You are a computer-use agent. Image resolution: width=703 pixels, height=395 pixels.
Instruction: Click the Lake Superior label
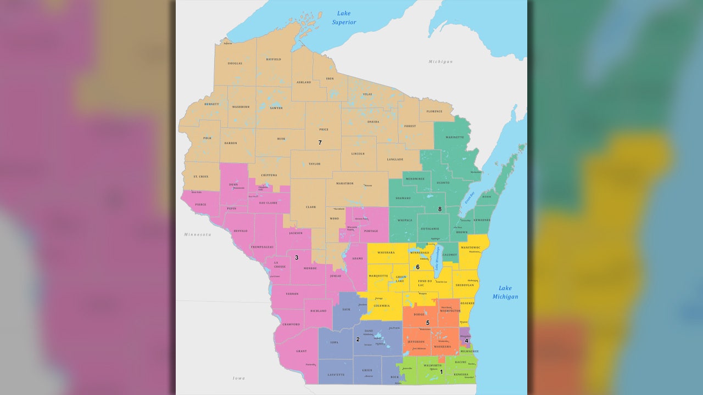point(344,18)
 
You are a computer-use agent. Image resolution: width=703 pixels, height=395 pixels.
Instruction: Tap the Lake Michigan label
point(505,292)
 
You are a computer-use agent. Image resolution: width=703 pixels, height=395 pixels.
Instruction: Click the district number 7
point(320,143)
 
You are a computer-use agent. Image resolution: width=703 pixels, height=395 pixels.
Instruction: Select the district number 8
point(440,209)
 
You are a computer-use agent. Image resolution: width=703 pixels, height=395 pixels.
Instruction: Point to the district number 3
point(297,257)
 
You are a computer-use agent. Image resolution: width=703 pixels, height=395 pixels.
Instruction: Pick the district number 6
point(417,267)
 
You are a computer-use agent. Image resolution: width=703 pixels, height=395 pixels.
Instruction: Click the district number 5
point(428,323)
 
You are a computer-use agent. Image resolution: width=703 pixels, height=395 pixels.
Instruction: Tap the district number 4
point(466,341)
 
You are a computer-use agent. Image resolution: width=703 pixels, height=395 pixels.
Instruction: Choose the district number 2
point(358,340)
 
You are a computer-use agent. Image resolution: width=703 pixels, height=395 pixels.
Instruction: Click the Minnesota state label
point(198,234)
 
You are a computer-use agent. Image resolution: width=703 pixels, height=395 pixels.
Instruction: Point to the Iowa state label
point(239,378)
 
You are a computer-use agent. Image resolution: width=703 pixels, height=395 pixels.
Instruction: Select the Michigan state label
point(440,61)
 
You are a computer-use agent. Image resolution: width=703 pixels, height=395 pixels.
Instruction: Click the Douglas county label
point(235,64)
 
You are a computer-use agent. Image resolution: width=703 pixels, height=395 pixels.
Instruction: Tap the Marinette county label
point(455,137)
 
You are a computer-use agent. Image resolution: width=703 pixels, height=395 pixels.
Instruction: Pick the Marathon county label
point(345,183)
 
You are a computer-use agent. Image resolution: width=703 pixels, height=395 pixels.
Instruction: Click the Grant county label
point(301,351)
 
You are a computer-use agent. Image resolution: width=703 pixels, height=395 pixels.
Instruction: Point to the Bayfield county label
point(274,59)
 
